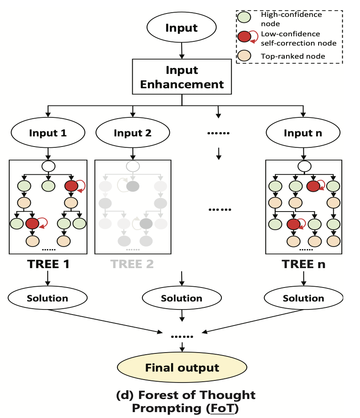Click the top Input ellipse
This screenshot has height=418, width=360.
[181, 27]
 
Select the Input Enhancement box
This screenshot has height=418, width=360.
[182, 77]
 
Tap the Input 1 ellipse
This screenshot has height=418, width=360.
[48, 133]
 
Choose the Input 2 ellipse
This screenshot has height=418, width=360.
[133, 133]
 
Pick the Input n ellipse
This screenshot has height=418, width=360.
[303, 133]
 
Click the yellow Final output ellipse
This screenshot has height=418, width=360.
[182, 367]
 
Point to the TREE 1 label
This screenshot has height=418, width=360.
[48, 264]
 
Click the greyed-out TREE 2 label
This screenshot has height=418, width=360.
[132, 264]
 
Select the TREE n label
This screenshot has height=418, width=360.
[303, 264]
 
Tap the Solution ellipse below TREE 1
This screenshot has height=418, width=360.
[47, 298]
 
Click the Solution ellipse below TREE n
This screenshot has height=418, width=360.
[303, 298]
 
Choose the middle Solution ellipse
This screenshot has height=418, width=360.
[182, 298]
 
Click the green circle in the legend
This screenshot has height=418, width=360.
[244, 17]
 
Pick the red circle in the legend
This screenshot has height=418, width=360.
[244, 36]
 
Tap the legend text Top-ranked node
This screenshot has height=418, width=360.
[293, 56]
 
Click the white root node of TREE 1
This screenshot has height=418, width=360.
[48, 166]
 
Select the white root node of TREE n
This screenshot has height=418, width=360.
[304, 166]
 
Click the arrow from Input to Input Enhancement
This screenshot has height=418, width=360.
[182, 51]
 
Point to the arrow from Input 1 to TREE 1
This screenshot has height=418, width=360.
[48, 154]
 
